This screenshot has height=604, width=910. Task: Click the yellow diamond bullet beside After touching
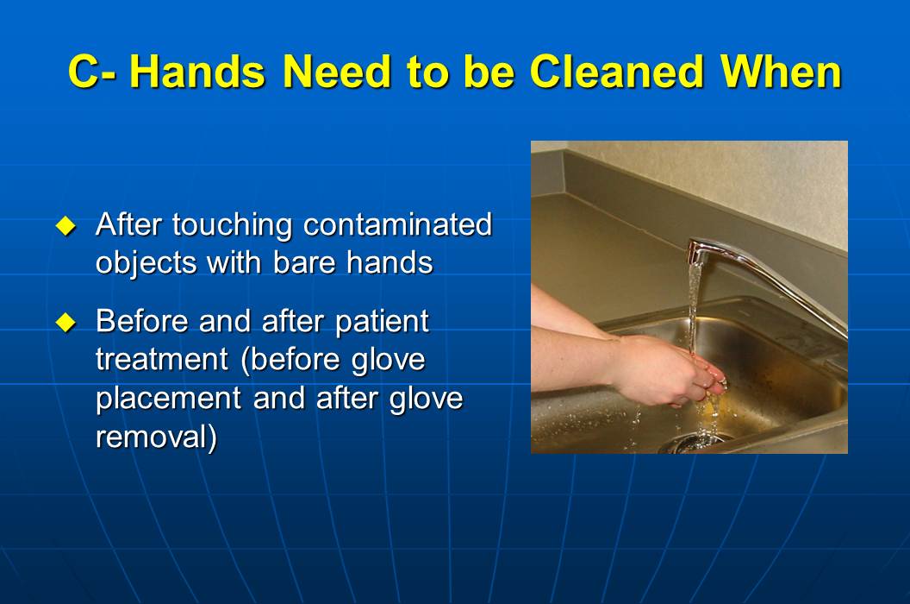click(65, 226)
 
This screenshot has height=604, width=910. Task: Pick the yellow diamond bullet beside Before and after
click(65, 323)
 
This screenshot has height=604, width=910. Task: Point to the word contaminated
click(397, 225)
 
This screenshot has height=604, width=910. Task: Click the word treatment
click(161, 360)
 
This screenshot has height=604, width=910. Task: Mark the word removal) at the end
click(156, 437)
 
